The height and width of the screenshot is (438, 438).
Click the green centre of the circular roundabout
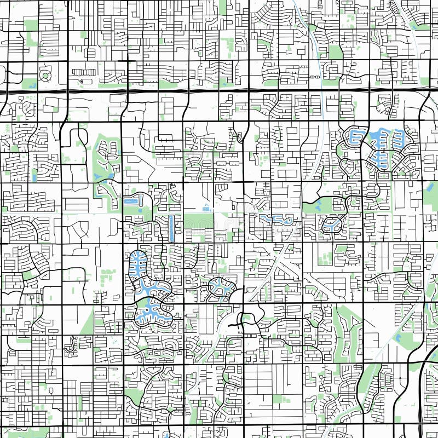[45, 76]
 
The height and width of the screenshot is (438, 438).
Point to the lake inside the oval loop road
[332, 224]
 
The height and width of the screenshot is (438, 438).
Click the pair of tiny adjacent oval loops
[315, 78]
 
